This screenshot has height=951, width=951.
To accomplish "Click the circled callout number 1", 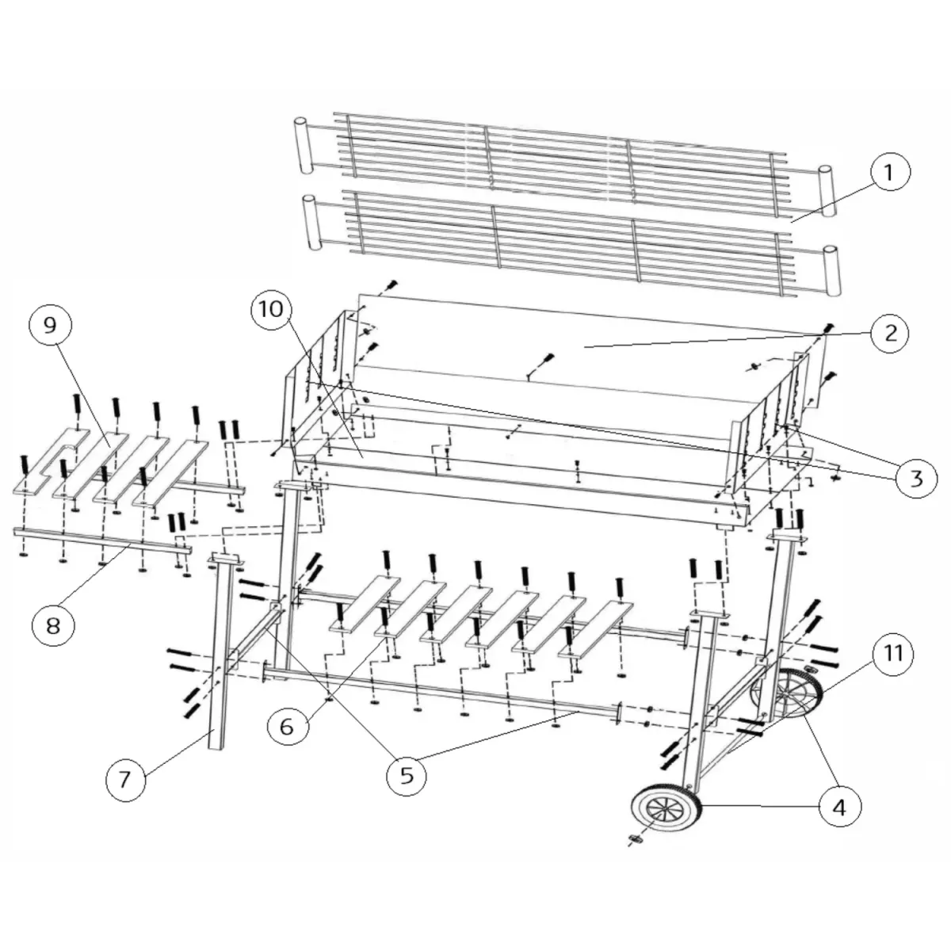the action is click(x=888, y=172).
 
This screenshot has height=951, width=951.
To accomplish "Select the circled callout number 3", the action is click(x=915, y=477).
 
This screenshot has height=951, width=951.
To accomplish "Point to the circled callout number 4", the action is click(x=839, y=808).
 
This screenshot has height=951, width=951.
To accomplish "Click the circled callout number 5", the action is click(x=407, y=776).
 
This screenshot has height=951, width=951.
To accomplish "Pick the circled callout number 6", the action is click(x=287, y=727).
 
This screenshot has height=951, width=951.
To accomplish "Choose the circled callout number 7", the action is click(x=125, y=781).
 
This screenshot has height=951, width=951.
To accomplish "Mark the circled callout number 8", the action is click(x=53, y=626).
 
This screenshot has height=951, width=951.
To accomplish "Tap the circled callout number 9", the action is click(x=51, y=325).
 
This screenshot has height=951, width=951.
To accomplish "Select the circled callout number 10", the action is click(x=271, y=309).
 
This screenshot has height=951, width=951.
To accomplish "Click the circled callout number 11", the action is click(x=893, y=654).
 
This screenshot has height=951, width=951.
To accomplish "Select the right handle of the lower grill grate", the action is click(x=831, y=269).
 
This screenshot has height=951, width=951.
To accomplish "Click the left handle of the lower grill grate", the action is click(x=311, y=222).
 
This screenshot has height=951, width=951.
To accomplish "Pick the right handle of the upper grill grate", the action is click(x=827, y=191).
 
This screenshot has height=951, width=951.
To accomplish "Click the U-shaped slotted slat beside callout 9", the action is click(x=51, y=461).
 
